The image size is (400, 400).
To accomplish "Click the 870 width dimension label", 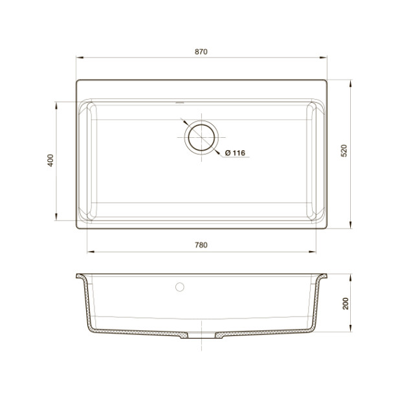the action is (201, 52).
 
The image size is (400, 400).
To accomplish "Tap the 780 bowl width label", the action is (201, 245).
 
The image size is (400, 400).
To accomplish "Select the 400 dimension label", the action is (50, 161).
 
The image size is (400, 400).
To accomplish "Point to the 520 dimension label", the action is (344, 151).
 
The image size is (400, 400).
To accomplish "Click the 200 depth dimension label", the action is (346, 304).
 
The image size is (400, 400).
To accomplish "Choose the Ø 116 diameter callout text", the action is (235, 153).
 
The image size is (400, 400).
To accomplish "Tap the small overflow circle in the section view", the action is (180, 287).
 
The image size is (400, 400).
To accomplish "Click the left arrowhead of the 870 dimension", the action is (80, 58).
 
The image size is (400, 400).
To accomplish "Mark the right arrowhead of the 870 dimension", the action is (323, 58).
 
